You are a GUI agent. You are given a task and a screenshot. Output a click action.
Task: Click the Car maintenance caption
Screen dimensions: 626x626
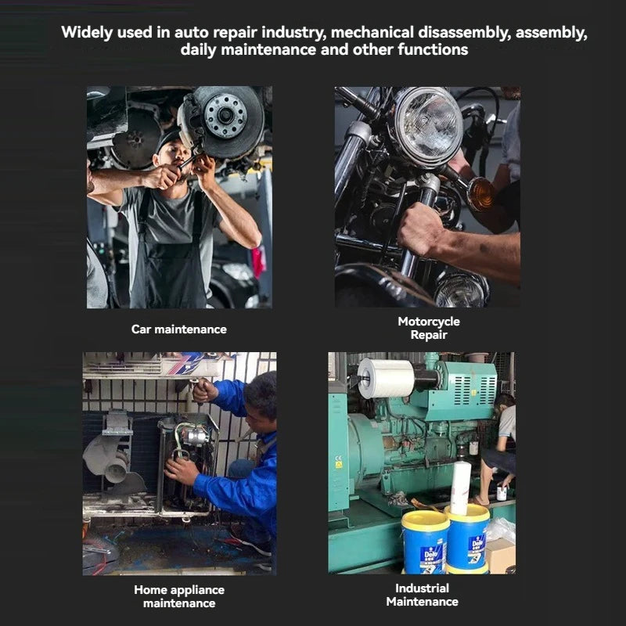pos(178,329)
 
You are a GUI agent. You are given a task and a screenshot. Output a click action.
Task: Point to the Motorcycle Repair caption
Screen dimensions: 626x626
pos(428,328)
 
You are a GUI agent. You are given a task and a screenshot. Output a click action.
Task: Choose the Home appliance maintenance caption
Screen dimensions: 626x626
pos(178,596)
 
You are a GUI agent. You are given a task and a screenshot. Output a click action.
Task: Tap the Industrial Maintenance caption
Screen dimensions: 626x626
pos(422,595)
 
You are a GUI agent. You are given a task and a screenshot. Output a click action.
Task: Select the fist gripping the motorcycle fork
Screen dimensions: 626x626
pos(420,229)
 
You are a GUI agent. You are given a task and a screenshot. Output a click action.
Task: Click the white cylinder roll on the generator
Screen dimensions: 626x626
pos(387,378)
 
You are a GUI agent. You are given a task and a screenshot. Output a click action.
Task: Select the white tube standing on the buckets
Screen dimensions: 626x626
pos(461,487)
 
